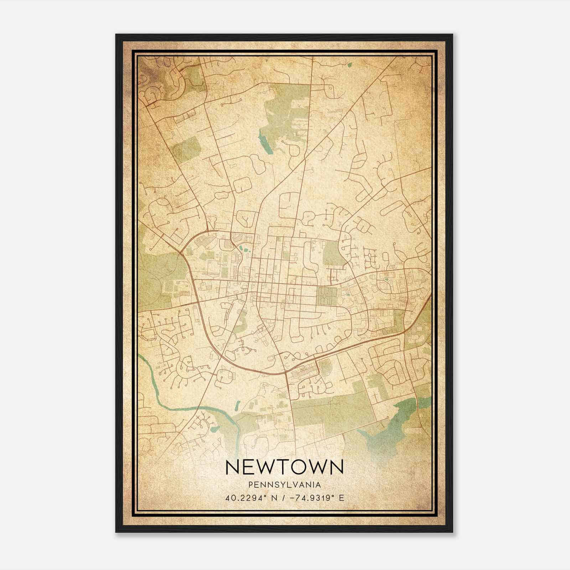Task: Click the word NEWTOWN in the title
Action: click(285, 467)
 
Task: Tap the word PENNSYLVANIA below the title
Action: click(285, 485)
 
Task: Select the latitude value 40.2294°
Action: click(246, 498)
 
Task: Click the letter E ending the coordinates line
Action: click(342, 498)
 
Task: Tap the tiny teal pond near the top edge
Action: click(349, 64)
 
